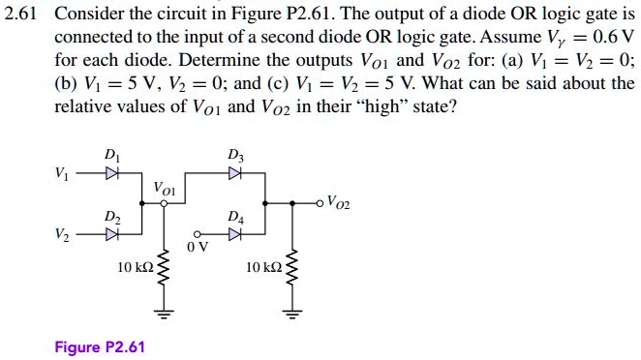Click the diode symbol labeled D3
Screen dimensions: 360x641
click(233, 175)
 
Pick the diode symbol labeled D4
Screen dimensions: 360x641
click(232, 234)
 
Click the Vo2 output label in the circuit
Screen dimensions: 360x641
click(339, 202)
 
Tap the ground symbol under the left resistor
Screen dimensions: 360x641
click(163, 312)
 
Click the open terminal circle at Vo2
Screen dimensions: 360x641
click(321, 203)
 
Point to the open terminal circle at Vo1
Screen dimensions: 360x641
click(163, 204)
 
